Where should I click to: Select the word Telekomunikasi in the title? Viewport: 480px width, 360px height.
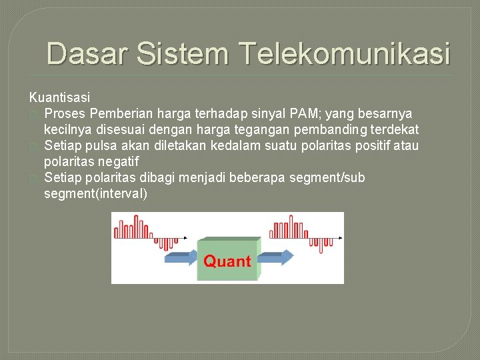click(343, 53)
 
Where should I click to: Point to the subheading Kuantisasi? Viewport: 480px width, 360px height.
click(59, 98)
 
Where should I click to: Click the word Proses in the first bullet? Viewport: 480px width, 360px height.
click(65, 113)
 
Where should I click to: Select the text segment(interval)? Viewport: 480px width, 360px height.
click(95, 194)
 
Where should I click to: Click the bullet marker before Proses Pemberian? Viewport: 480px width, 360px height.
click(33, 114)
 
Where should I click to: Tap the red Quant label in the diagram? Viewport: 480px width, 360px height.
click(227, 261)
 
